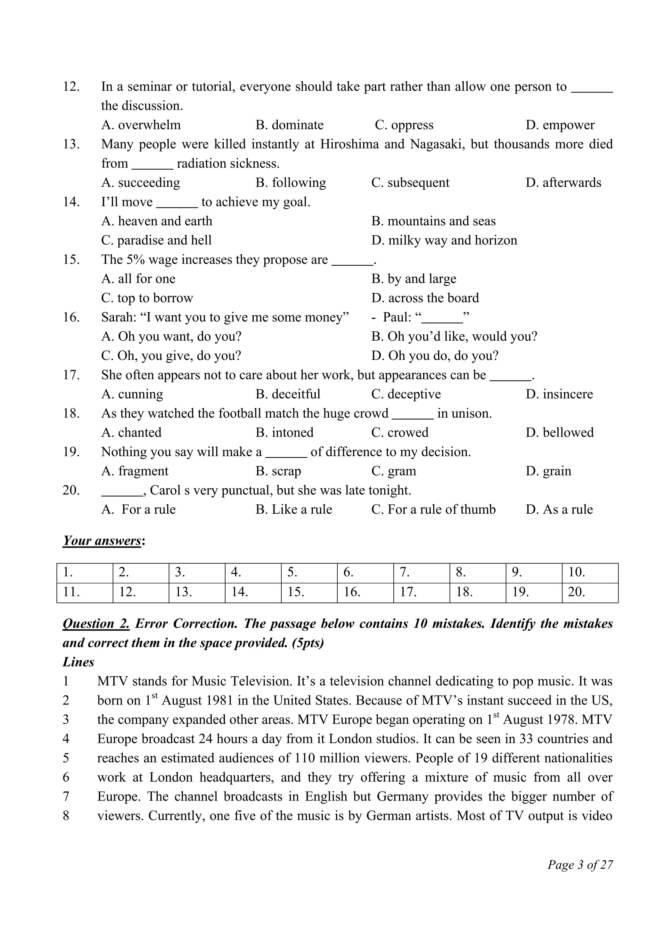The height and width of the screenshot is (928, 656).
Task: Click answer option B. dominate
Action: tap(289, 125)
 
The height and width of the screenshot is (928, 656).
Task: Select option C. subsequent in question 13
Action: tap(410, 183)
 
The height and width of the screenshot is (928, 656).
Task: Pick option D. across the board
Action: tap(425, 298)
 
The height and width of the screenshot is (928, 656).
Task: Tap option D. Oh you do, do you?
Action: tap(435, 356)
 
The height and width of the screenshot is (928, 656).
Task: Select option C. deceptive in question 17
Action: tap(406, 394)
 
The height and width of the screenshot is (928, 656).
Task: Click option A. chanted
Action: tap(131, 433)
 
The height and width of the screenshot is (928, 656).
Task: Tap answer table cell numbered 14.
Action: tap(253, 592)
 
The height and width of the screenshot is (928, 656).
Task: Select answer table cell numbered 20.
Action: tap(589, 592)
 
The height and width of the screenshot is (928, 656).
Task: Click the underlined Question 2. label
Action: tap(96, 624)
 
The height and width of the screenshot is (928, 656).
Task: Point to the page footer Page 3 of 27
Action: tap(580, 865)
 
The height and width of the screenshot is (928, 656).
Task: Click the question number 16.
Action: tap(71, 317)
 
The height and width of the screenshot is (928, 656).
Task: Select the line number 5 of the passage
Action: tap(66, 758)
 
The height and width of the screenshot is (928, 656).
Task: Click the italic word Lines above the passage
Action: tap(78, 662)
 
